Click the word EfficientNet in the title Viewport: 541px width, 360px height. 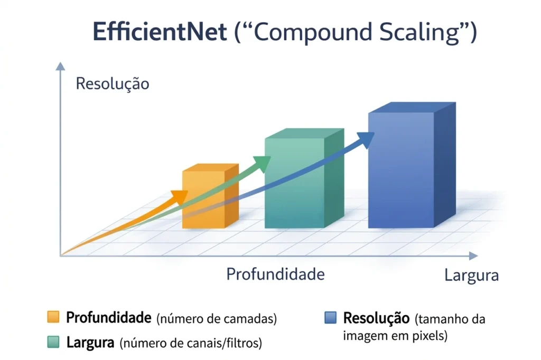[x=160, y=33]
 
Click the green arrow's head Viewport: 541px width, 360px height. [x=262, y=164]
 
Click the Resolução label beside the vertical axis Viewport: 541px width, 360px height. [x=113, y=84]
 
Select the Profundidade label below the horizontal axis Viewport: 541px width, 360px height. [x=275, y=274]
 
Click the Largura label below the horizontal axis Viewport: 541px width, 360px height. [x=471, y=276]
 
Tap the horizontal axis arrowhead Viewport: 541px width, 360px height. [x=473, y=256]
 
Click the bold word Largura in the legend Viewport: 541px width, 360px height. [x=90, y=343]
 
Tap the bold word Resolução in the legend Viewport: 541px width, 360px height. [x=376, y=318]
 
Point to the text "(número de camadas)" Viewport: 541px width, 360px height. [x=217, y=319]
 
